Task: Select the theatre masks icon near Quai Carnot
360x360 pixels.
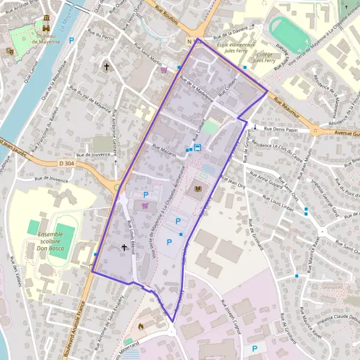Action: [x=10, y=52]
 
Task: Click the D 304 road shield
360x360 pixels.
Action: [x=66, y=163]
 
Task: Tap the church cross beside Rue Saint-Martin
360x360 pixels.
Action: [x=107, y=67]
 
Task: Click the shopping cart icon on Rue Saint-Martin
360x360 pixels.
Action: [x=164, y=69]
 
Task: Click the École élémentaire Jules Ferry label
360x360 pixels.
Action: [x=236, y=47]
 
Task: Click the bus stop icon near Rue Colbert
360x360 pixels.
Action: [x=197, y=146]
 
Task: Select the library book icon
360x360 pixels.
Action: [x=197, y=190]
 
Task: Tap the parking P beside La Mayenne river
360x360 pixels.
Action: [x=72, y=41]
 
